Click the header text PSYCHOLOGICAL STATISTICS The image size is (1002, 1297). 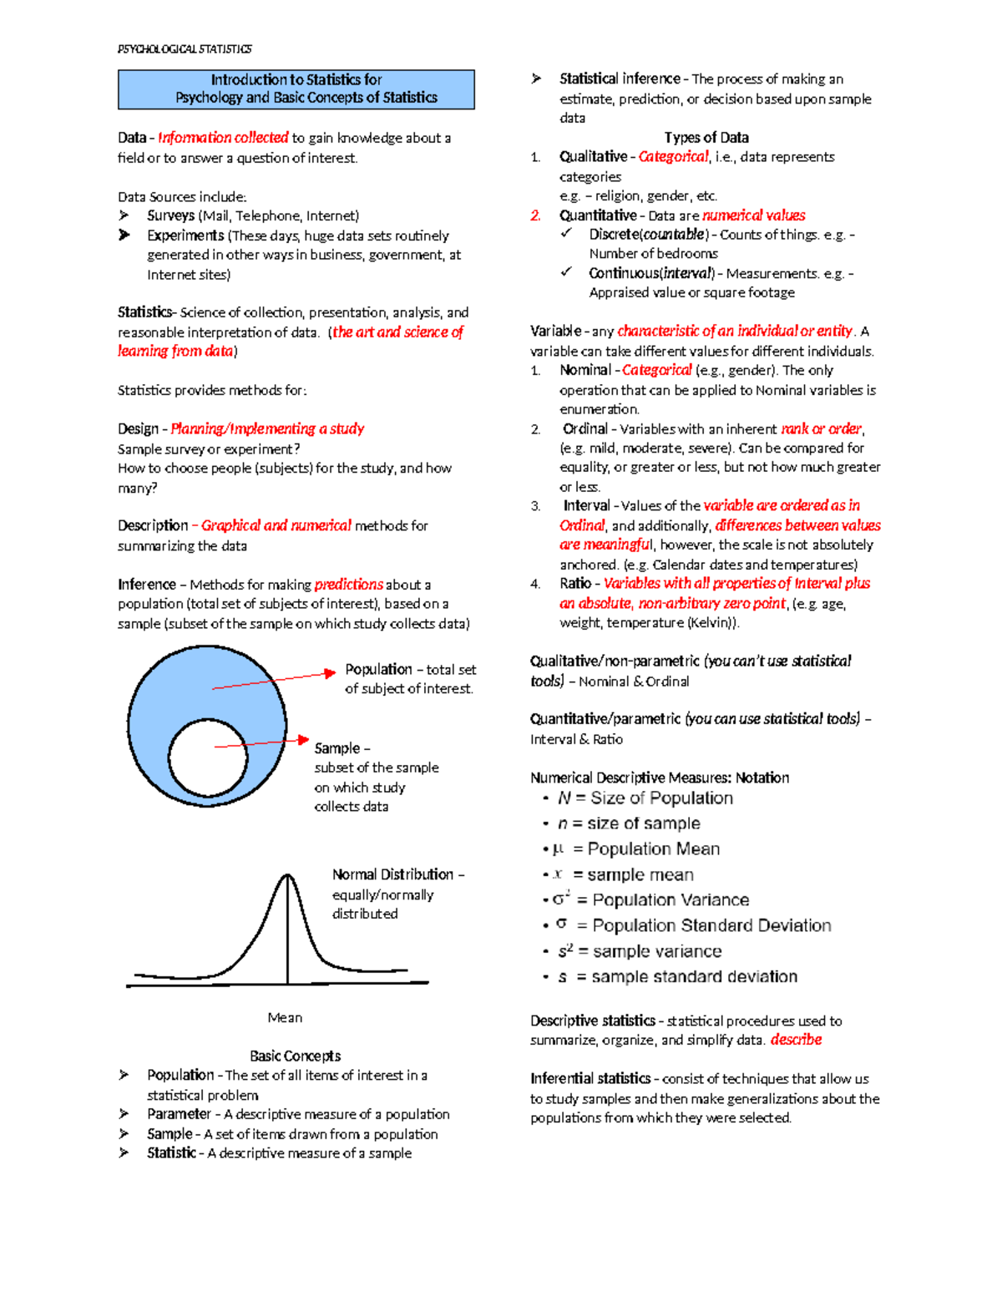(185, 49)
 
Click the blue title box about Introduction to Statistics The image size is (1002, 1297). (296, 89)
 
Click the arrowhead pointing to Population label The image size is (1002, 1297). (330, 672)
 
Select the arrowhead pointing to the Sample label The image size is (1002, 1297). (304, 739)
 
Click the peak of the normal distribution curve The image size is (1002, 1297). (287, 875)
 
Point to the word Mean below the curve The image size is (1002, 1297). (285, 1017)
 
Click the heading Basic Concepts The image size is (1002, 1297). (295, 1056)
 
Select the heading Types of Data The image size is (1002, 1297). (706, 138)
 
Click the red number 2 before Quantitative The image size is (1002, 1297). (535, 215)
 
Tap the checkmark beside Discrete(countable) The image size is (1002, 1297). (566, 234)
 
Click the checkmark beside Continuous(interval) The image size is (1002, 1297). (566, 272)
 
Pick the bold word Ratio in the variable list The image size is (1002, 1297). (575, 583)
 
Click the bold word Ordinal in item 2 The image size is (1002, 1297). (585, 428)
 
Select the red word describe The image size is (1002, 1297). (796, 1040)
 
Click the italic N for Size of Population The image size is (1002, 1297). (564, 798)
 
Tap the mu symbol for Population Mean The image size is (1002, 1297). (558, 849)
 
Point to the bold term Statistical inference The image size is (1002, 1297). (620, 79)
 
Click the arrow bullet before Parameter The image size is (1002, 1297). (124, 1114)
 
